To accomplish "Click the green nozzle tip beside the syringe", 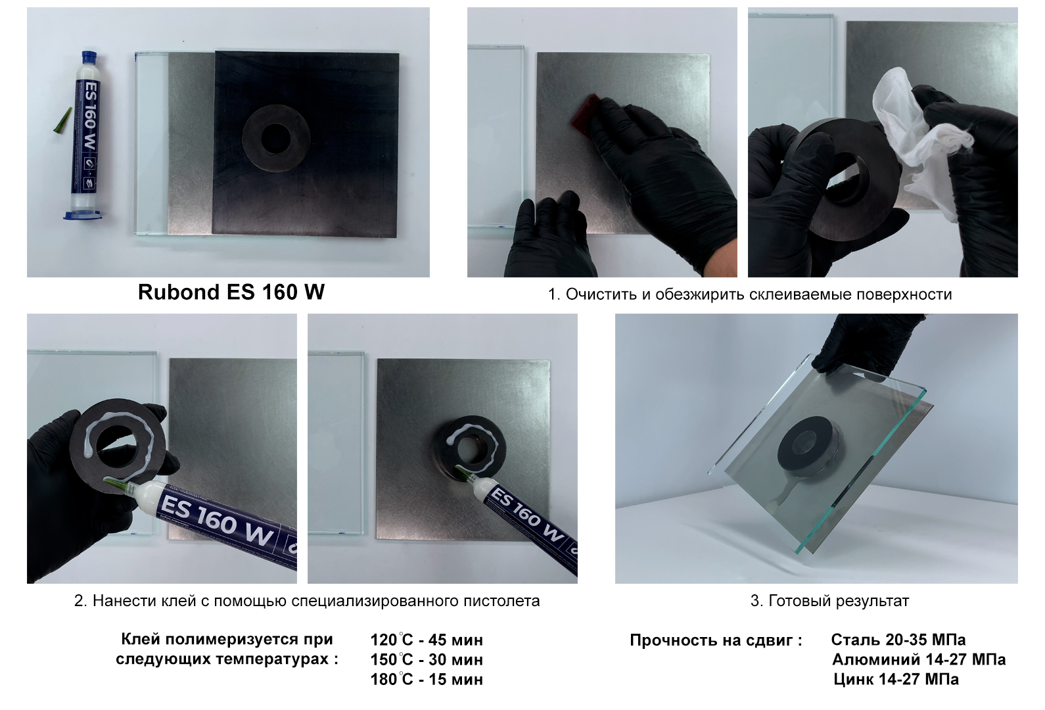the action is tap(62, 120).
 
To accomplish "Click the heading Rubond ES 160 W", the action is tap(231, 292).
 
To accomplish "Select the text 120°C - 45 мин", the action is tap(427, 640).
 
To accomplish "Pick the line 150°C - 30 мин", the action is tap(427, 659).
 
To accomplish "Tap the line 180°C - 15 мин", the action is tap(427, 680).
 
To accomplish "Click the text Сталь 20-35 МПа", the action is tap(898, 640).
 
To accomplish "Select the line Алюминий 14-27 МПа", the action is tap(919, 659).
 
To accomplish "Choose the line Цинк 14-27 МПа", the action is tap(896, 680).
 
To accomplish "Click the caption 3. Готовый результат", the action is tap(829, 601).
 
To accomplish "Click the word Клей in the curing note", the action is tap(141, 640).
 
